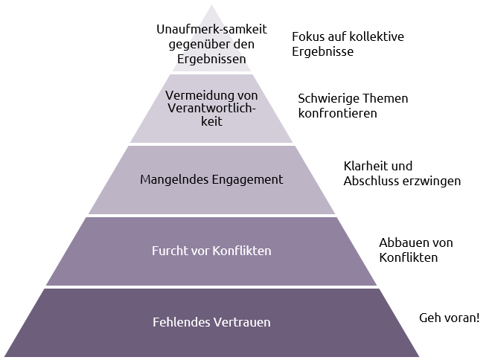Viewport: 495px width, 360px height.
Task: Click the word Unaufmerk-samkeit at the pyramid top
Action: [x=211, y=29]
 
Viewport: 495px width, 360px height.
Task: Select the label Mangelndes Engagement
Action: [x=211, y=179]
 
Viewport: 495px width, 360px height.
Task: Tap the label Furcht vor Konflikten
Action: [x=211, y=251]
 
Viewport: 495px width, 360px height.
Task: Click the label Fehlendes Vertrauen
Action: [x=211, y=322]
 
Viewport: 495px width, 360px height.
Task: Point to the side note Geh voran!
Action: [x=450, y=318]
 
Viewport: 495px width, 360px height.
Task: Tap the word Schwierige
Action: [x=328, y=99]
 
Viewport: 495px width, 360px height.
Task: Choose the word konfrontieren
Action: [x=337, y=113]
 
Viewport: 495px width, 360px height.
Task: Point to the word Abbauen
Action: [x=401, y=242]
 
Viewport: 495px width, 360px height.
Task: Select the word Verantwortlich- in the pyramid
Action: [x=211, y=108]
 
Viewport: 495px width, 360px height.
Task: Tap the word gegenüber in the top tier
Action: [x=199, y=45]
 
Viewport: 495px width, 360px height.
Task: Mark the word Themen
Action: [x=385, y=98]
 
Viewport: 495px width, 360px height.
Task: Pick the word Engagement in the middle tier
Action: [x=247, y=180]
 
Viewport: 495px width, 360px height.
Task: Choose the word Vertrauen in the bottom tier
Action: [x=242, y=322]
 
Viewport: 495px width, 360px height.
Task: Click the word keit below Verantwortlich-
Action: [x=211, y=121]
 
